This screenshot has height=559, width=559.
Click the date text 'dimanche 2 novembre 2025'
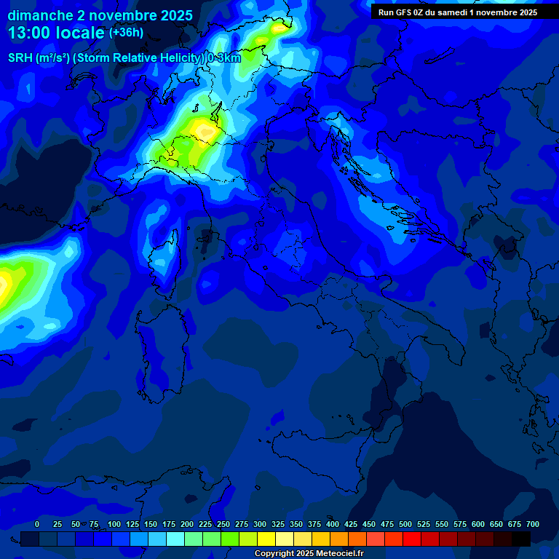[x=100, y=15]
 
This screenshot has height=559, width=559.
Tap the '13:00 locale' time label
[x=57, y=33]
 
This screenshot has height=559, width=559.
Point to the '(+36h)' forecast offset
[x=126, y=33]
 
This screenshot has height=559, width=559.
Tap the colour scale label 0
[x=37, y=524]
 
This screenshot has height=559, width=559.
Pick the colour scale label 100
[x=114, y=524]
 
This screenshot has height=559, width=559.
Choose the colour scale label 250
[x=223, y=524]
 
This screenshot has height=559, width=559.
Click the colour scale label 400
[x=333, y=524]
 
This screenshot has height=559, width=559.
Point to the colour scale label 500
[x=405, y=524]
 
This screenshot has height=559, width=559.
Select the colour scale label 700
[x=532, y=524]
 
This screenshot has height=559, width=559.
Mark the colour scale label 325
[x=278, y=524]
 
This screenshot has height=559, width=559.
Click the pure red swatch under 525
[x=412, y=539]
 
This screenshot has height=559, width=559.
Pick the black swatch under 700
[x=521, y=539]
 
